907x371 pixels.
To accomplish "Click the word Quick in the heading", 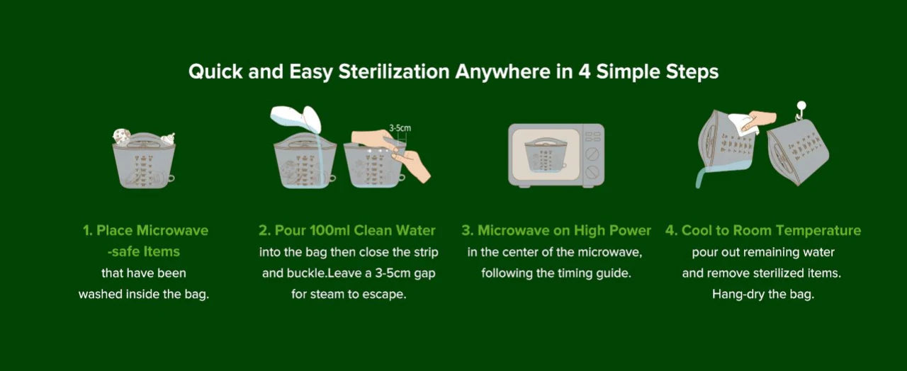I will click(215, 72).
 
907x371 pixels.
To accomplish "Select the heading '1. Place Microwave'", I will click(145, 230).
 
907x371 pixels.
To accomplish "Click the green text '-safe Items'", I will click(143, 251).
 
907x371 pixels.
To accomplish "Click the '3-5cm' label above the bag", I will click(401, 128).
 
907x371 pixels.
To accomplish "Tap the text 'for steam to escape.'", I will click(349, 294).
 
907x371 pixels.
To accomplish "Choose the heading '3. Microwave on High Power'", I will click(556, 230).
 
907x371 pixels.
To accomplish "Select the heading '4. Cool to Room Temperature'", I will click(762, 230).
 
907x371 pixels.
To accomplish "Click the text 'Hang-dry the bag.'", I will click(762, 294).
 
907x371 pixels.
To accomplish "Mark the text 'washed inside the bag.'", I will click(144, 294).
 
